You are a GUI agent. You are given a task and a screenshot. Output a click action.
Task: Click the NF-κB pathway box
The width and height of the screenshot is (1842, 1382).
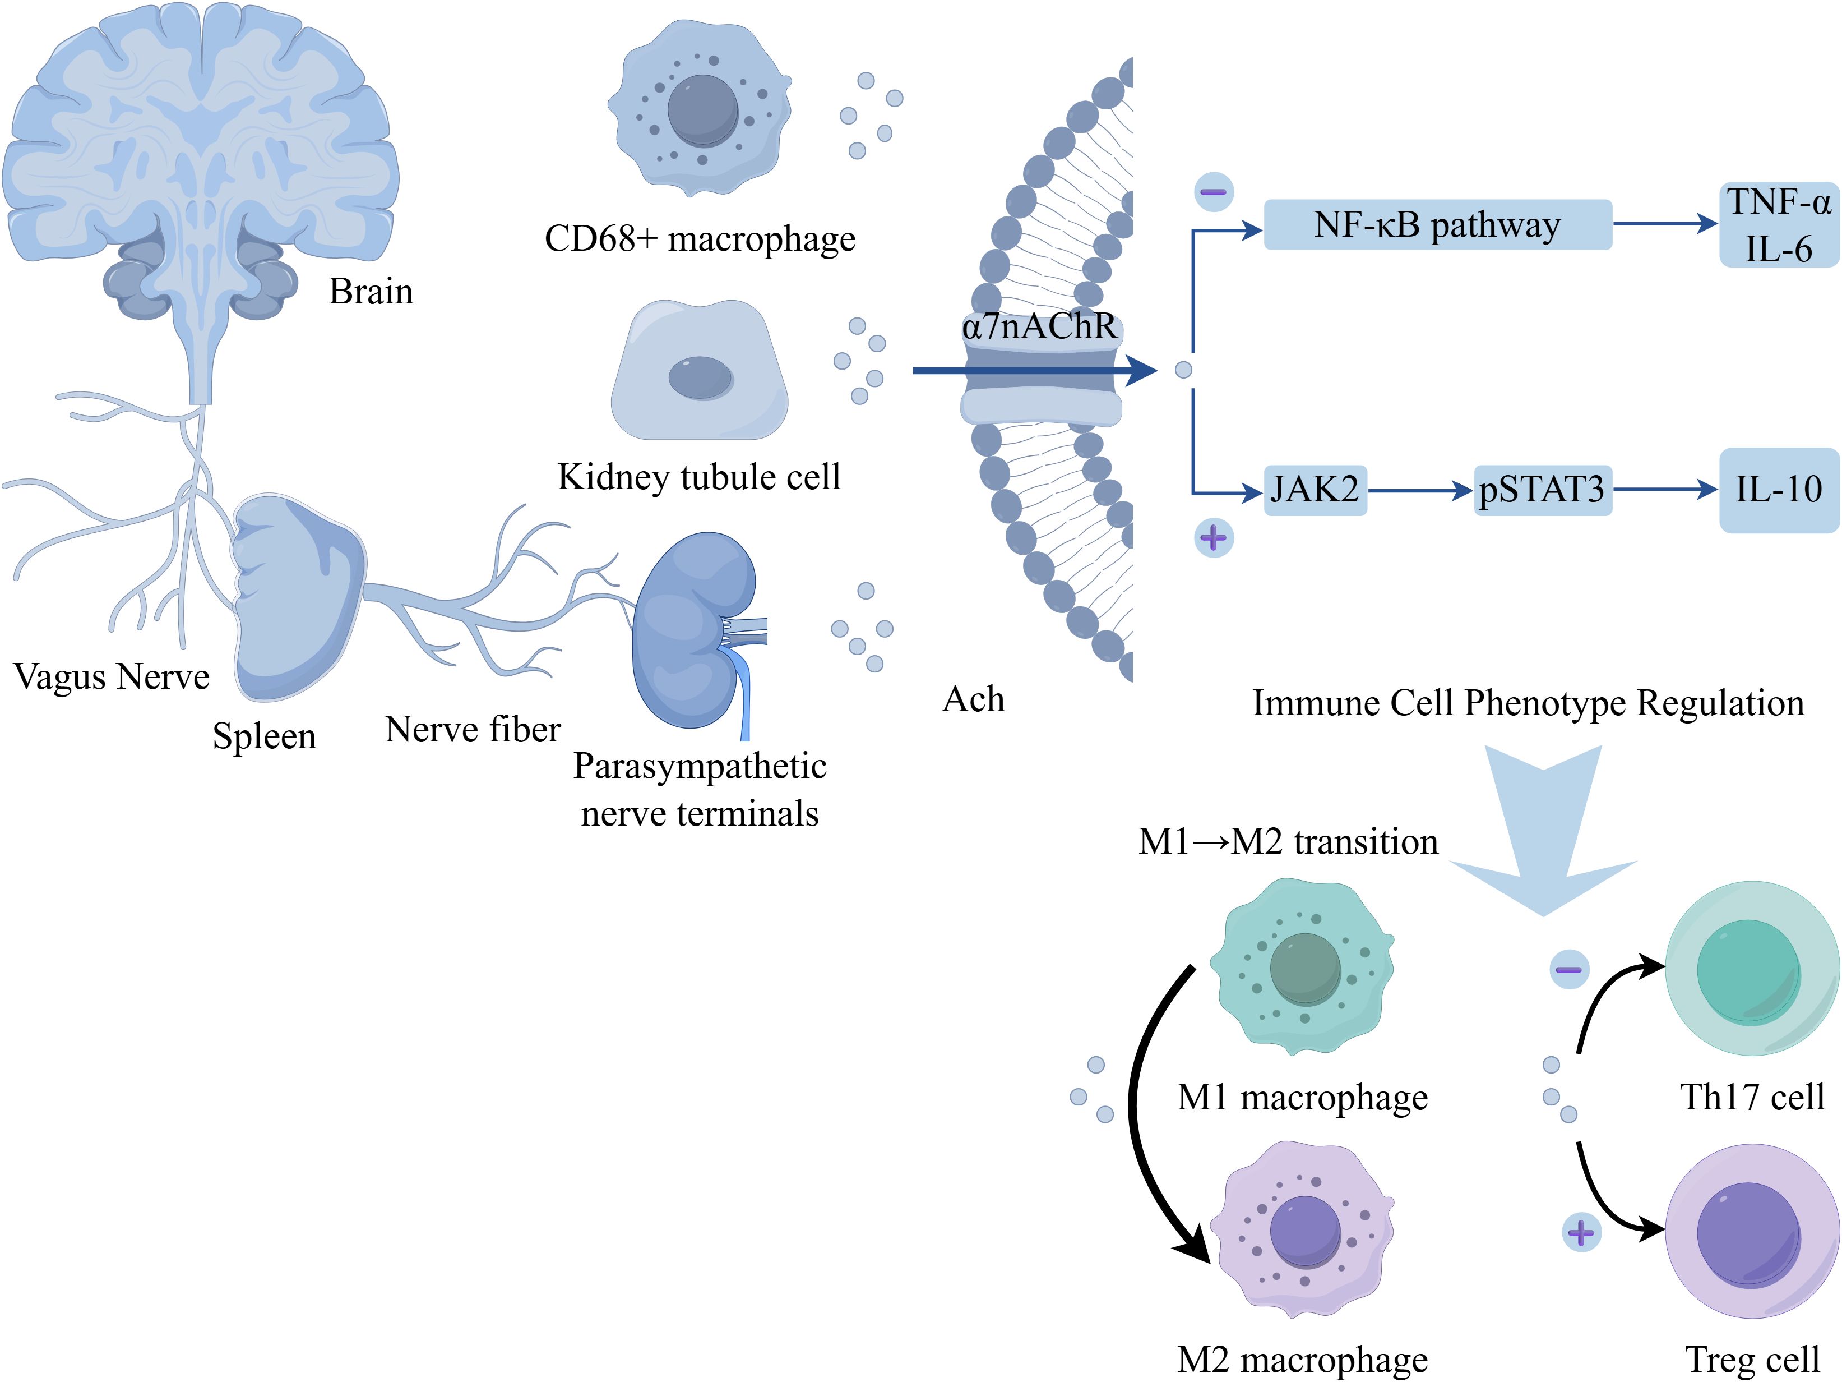(1437, 225)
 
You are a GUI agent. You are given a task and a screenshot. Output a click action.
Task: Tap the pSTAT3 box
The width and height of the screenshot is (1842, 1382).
(1542, 490)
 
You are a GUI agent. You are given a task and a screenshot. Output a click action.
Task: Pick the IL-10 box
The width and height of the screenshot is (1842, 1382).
(1779, 490)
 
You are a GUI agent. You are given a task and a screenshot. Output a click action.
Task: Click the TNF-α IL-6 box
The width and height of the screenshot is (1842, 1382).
(1779, 225)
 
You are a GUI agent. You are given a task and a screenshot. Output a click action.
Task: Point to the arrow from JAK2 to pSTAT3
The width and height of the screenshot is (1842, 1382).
(1420, 491)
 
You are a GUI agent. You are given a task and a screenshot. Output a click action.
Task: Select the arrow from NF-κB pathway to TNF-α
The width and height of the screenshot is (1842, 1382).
(1665, 223)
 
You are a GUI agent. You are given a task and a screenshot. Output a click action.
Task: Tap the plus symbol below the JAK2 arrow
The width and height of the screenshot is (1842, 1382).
(1213, 538)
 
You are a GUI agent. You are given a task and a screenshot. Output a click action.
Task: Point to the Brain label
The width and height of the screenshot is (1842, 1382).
(371, 292)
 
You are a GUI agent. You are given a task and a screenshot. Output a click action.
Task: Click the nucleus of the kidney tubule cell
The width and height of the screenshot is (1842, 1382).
(700, 377)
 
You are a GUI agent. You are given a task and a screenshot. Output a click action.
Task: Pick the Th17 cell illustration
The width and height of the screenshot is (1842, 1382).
(1751, 969)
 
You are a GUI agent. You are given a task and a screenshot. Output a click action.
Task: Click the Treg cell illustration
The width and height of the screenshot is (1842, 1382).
(1751, 1231)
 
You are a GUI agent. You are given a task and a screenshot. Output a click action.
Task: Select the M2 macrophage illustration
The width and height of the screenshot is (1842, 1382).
(1303, 1229)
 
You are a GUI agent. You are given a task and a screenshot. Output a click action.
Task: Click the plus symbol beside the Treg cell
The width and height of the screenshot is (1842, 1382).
(1581, 1232)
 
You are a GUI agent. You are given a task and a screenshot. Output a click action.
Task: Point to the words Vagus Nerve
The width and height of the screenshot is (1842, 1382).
(112, 676)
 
